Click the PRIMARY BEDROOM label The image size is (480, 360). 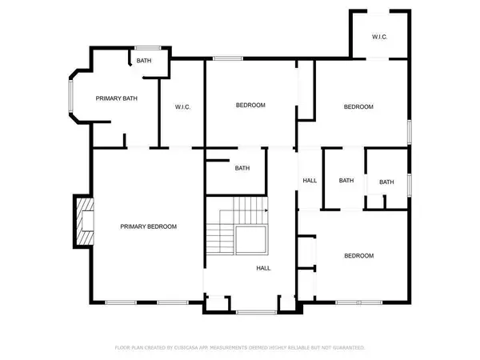click(x=148, y=226)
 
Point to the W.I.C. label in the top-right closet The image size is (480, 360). click(x=380, y=37)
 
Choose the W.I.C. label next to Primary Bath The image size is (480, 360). click(x=182, y=107)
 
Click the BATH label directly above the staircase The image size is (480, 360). click(x=242, y=168)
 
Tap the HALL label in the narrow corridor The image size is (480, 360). click(x=310, y=181)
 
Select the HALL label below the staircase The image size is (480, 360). click(x=262, y=269)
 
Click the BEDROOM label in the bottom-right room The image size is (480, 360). click(x=358, y=256)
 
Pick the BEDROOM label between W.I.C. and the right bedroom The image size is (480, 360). click(x=250, y=106)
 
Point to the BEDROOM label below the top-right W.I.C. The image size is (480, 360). click(x=358, y=107)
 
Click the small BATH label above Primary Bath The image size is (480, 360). click(x=144, y=61)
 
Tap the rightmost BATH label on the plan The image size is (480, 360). click(x=386, y=182)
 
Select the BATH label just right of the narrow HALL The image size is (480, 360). click(x=346, y=181)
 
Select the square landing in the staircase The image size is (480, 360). click(x=250, y=238)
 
